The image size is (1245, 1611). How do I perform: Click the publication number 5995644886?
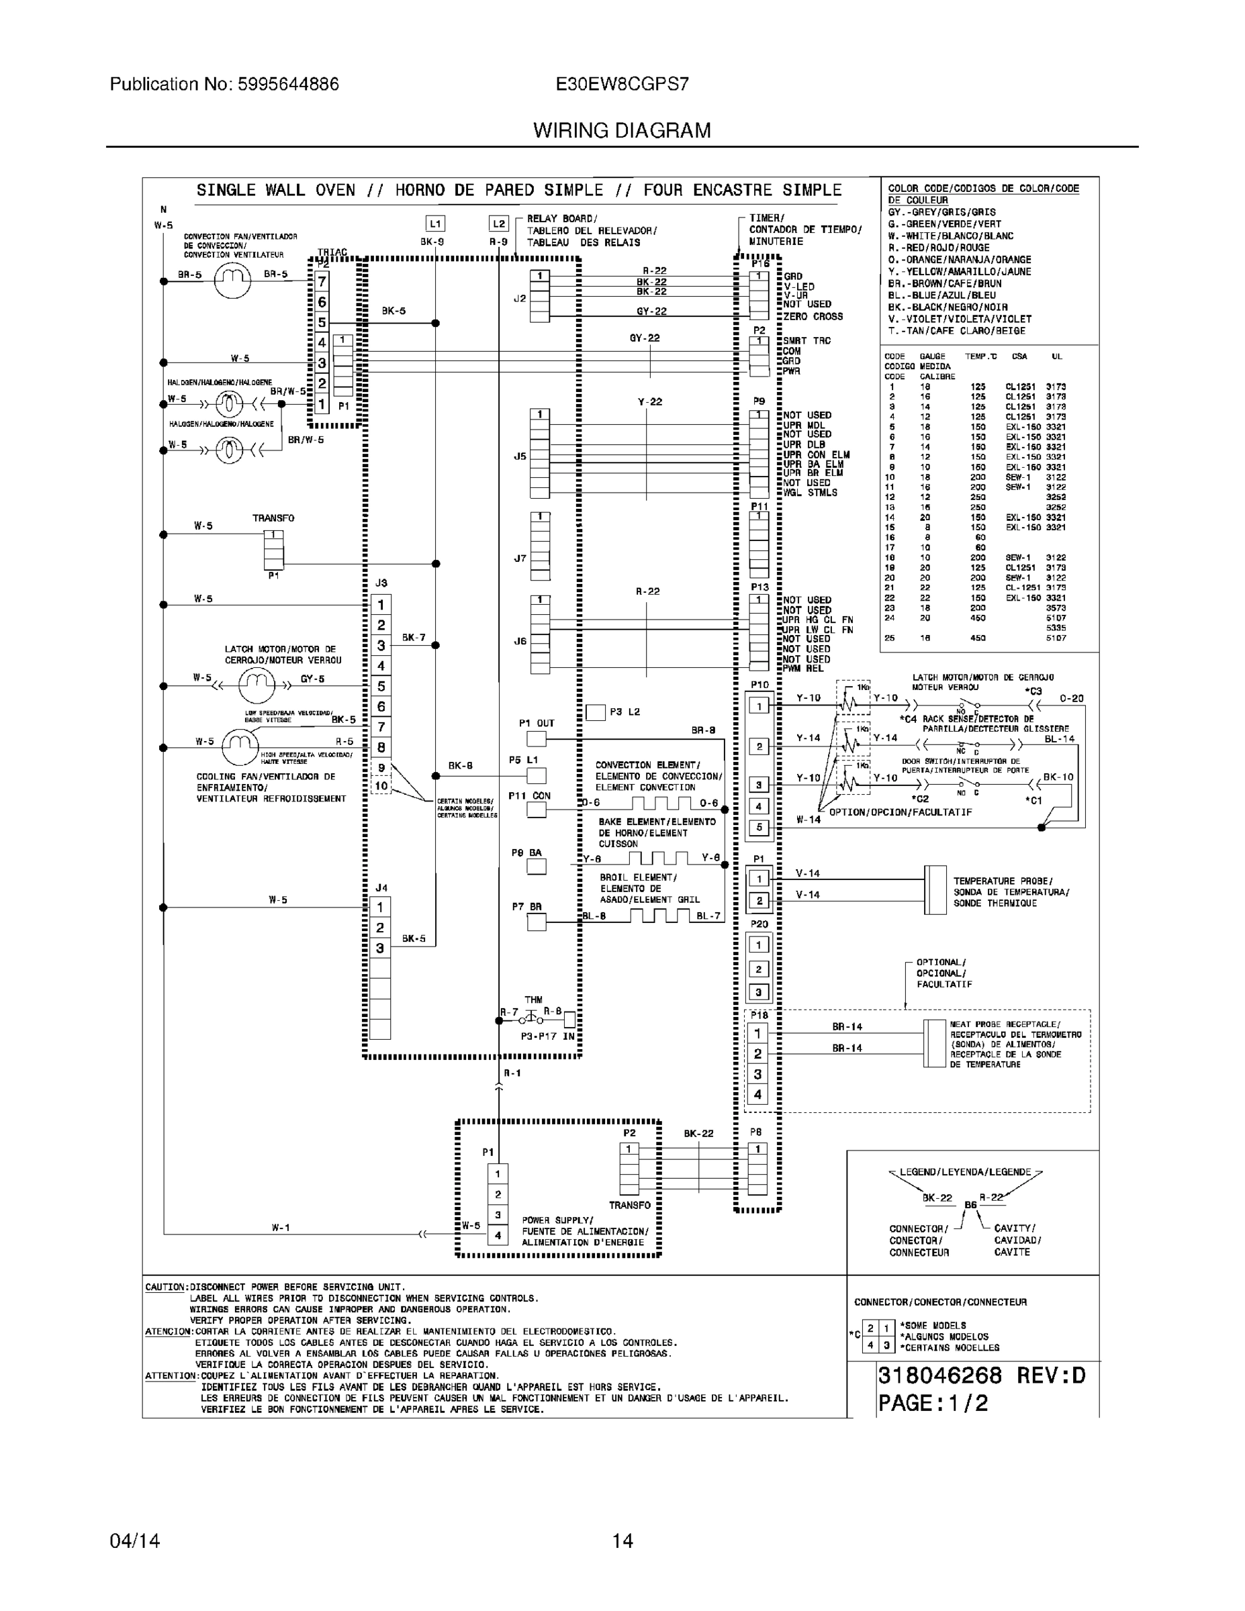(288, 84)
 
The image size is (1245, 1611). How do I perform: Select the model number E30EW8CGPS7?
(621, 84)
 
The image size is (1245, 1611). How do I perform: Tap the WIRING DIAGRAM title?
(621, 131)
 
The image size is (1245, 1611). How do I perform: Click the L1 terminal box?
(434, 224)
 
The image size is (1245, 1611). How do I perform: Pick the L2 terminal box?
(499, 224)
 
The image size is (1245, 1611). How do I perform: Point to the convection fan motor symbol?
(232, 281)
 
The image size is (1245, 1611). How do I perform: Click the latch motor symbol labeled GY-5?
(256, 686)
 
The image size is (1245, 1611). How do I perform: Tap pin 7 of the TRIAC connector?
(322, 282)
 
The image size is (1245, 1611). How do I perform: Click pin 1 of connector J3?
(381, 605)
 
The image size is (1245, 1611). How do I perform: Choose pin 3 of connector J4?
(380, 948)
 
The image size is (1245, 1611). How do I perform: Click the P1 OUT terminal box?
(537, 738)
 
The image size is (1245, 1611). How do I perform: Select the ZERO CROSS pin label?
(813, 316)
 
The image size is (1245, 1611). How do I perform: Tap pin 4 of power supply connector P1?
(498, 1235)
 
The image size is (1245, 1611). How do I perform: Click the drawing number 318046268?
(939, 1375)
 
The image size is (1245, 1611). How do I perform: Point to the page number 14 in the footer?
(622, 1541)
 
